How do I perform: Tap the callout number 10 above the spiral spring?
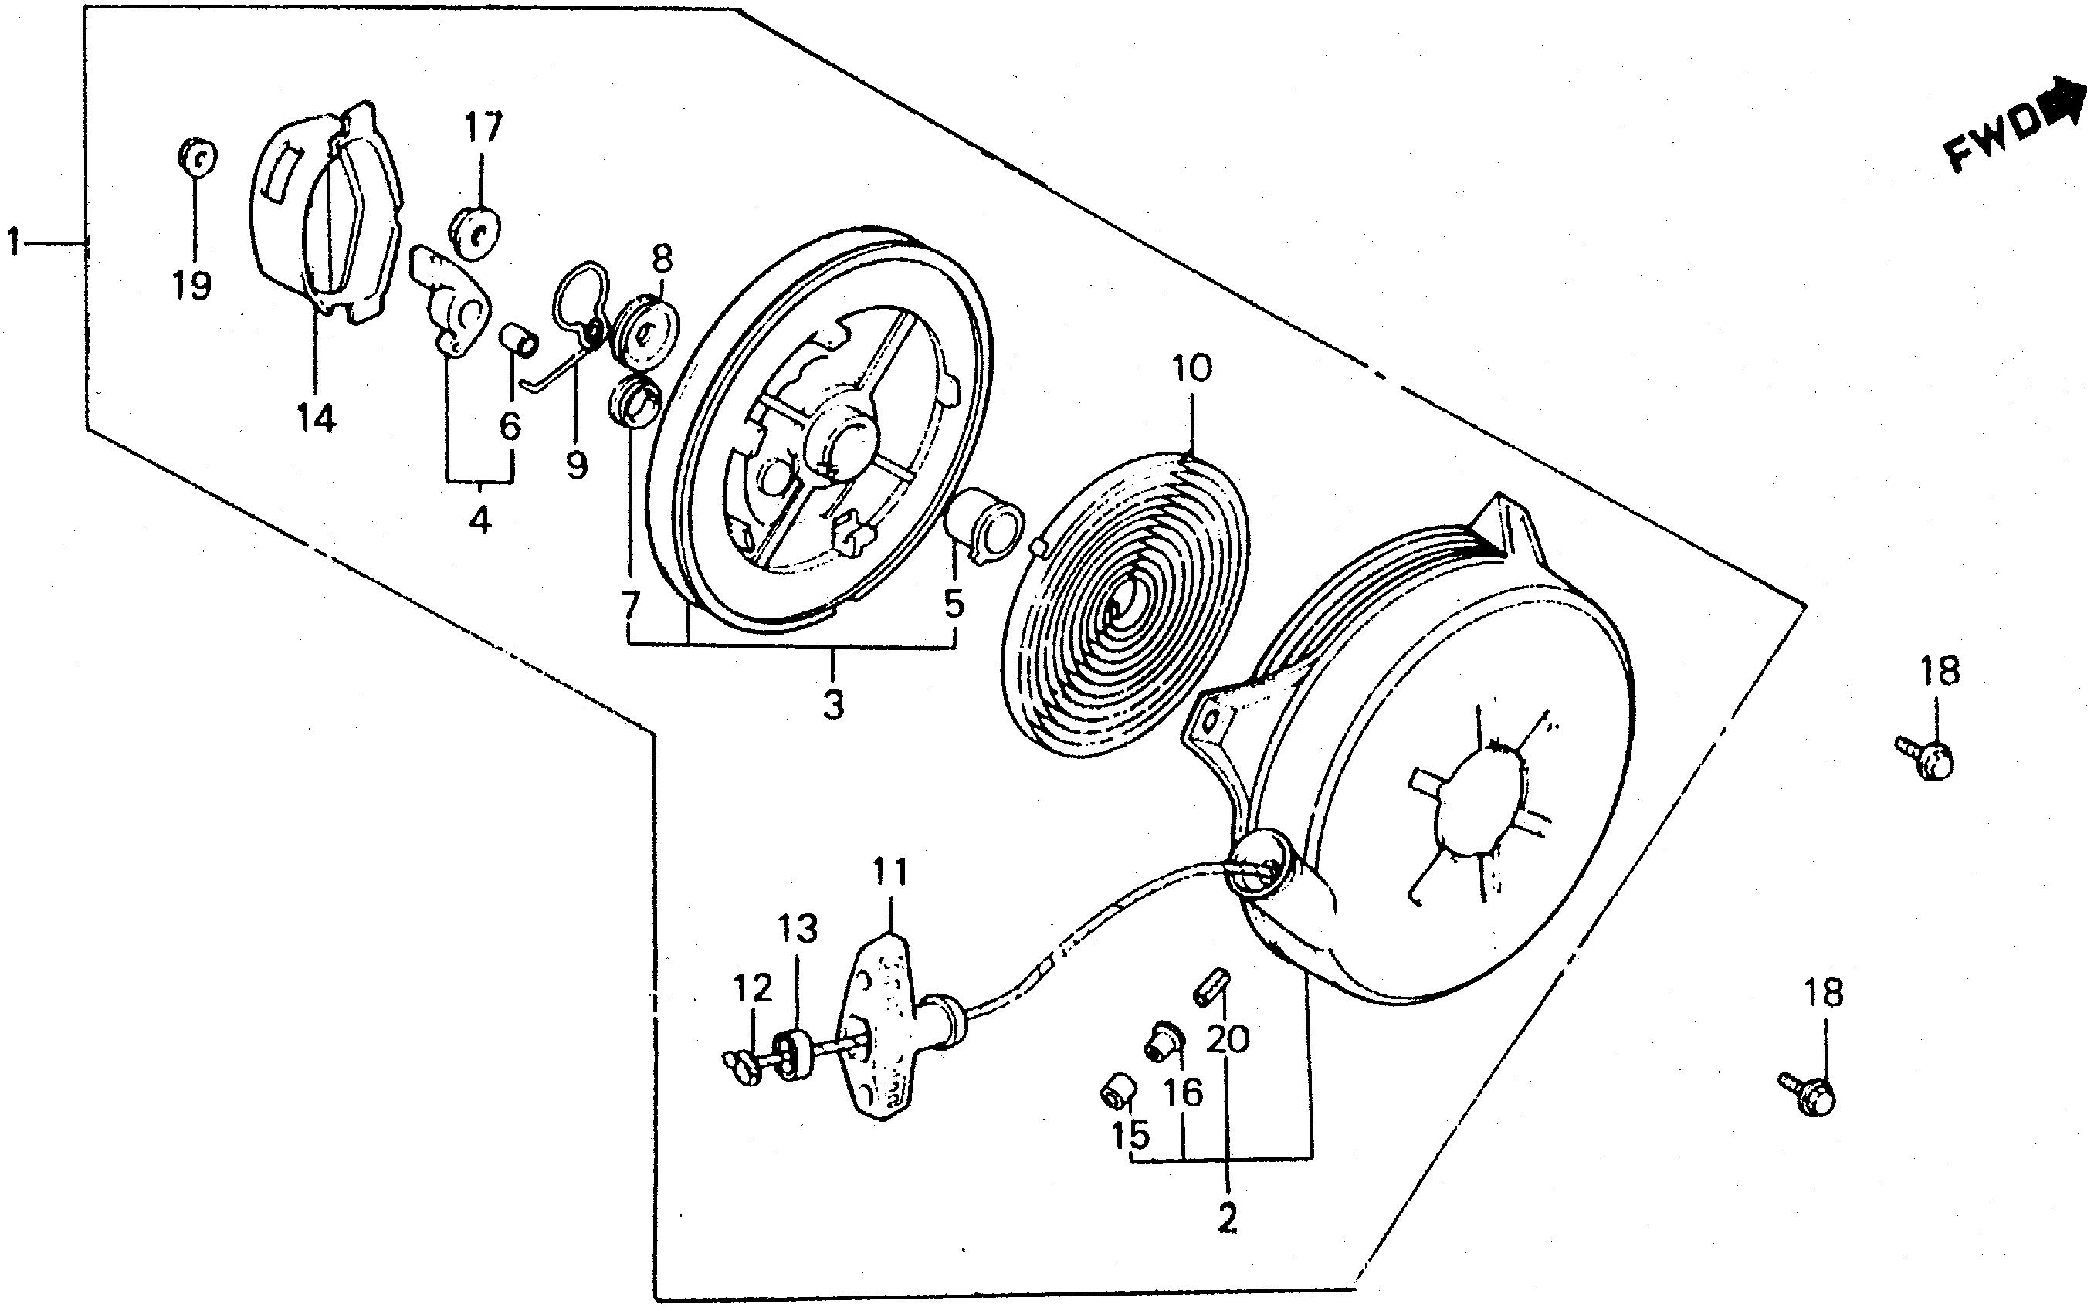point(1191,369)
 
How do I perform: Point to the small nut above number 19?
point(197,159)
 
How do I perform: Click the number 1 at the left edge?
point(13,242)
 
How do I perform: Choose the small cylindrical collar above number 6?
point(520,340)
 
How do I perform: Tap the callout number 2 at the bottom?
point(1227,1220)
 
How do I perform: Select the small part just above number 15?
point(1119,1093)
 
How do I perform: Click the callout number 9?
point(577,466)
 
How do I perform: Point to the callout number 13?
point(798,930)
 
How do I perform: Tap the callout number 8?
point(662,258)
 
